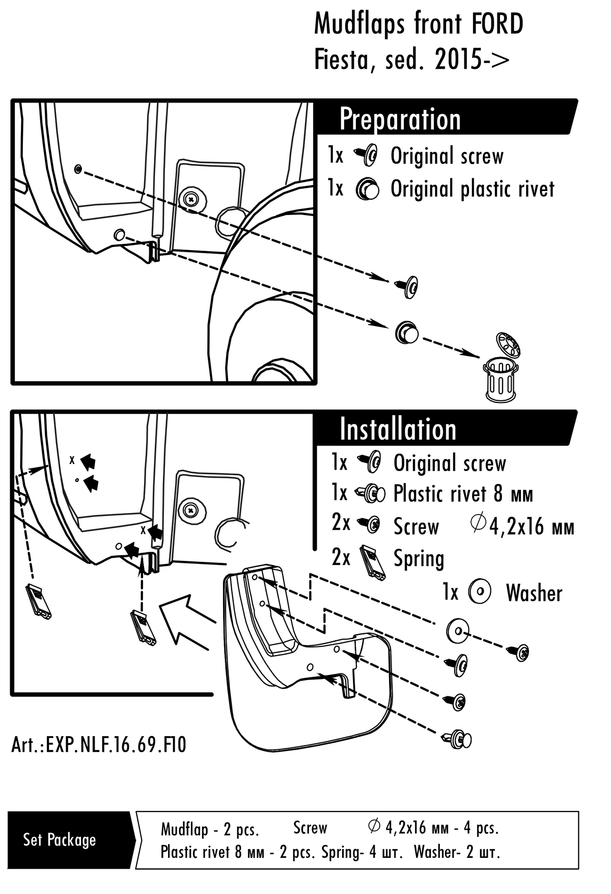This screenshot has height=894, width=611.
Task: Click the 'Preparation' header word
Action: click(x=400, y=119)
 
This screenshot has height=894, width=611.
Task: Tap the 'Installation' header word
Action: click(x=398, y=429)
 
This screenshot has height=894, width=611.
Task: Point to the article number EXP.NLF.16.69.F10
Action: click(x=99, y=745)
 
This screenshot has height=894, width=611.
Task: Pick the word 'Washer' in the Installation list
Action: click(x=534, y=593)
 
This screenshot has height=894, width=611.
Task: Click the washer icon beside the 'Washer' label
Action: click(x=480, y=592)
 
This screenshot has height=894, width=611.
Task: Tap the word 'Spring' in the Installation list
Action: click(x=419, y=559)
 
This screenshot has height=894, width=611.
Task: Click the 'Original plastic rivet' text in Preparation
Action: click(x=472, y=189)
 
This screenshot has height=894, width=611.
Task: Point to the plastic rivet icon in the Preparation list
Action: click(x=368, y=189)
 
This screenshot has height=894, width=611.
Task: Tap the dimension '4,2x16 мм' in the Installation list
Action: click(x=531, y=527)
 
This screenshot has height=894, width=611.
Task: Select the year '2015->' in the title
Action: click(x=472, y=61)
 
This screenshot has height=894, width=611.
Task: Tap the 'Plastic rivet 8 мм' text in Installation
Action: click(x=463, y=494)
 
